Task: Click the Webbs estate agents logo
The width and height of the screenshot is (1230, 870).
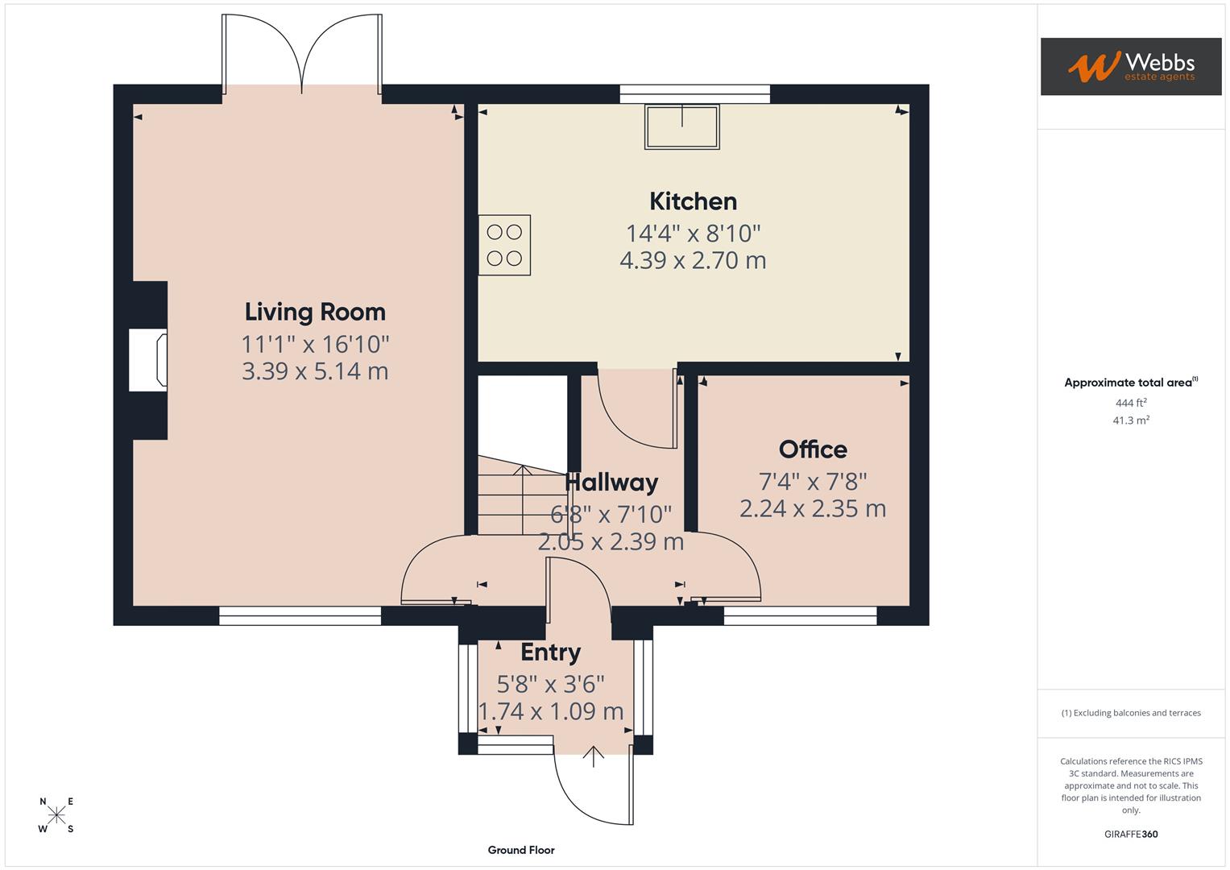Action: coord(1130,66)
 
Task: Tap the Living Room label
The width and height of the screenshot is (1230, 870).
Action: coord(315,312)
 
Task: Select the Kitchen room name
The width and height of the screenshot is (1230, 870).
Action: coord(693,201)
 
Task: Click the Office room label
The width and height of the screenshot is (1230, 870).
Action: coord(812,449)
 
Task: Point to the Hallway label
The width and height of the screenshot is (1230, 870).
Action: coord(611,483)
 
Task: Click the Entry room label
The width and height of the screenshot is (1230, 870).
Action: coord(550,652)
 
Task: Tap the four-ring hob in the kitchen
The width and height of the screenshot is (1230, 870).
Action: coord(504,246)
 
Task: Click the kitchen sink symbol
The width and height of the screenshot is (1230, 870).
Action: coord(681,126)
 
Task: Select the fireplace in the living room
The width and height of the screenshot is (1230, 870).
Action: coord(148,361)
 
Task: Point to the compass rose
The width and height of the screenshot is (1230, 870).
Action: coord(56,815)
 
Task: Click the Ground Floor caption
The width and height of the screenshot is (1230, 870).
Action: coord(521,850)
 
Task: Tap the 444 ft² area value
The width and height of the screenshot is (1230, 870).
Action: coord(1130,403)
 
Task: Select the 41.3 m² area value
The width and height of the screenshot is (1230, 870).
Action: coord(1130,420)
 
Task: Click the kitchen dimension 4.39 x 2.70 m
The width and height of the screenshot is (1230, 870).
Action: coord(693,260)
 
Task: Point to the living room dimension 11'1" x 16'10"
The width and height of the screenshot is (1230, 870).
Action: coord(315,344)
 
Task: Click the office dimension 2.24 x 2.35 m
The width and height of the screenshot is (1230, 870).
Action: coord(812,509)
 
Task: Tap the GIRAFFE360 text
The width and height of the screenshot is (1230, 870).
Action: coord(1130,835)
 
